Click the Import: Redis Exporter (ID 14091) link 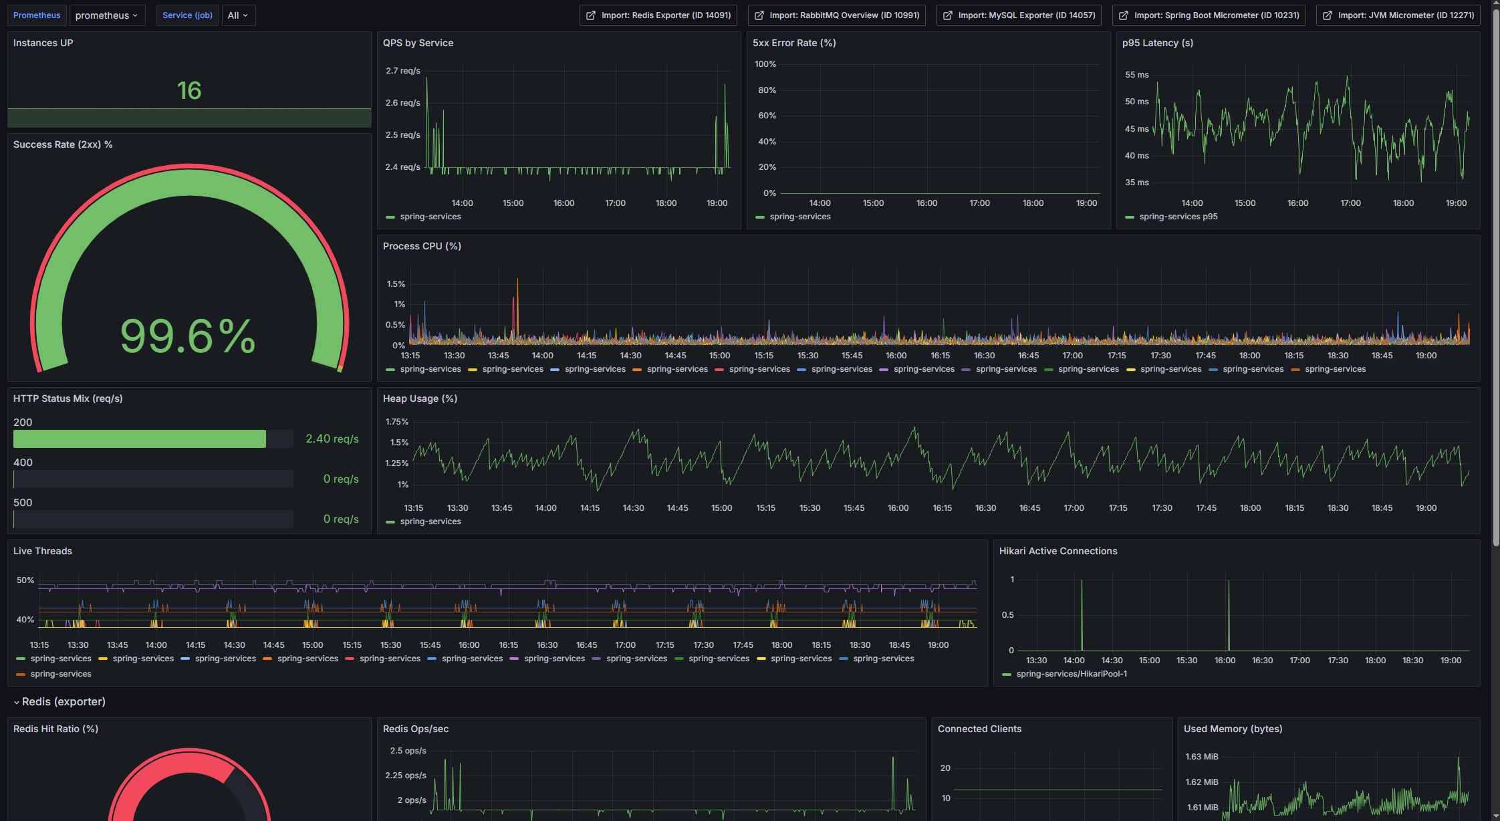pyautogui.click(x=658, y=15)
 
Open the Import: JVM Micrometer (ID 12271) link pyautogui.click(x=1398, y=15)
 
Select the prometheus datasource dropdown pyautogui.click(x=106, y=15)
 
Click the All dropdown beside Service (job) pyautogui.click(x=237, y=15)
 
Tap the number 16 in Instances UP pyautogui.click(x=189, y=90)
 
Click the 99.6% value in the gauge pyautogui.click(x=188, y=336)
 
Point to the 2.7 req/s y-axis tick pyautogui.click(x=402, y=71)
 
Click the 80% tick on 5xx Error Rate pyautogui.click(x=766, y=90)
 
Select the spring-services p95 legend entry pyautogui.click(x=1178, y=217)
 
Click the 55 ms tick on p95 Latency pyautogui.click(x=1136, y=75)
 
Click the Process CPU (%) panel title pyautogui.click(x=422, y=246)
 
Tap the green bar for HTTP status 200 pyautogui.click(x=139, y=439)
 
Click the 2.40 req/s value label pyautogui.click(x=332, y=439)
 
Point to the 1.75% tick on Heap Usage pyautogui.click(x=397, y=422)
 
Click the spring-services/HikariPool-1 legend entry pyautogui.click(x=1071, y=674)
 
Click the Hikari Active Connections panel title pyautogui.click(x=1057, y=551)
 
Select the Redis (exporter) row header pyautogui.click(x=63, y=701)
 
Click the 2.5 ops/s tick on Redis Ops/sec pyautogui.click(x=408, y=751)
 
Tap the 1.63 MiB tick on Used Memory pyautogui.click(x=1201, y=757)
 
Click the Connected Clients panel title pyautogui.click(x=979, y=729)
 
